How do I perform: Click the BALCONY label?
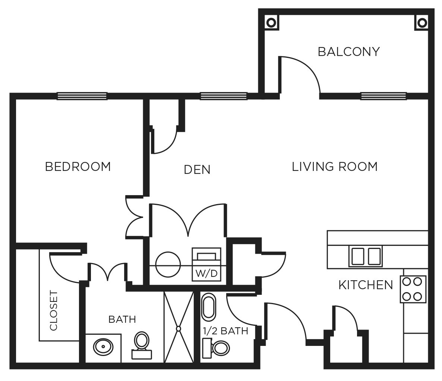tap(348, 51)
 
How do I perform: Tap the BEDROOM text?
tap(78, 166)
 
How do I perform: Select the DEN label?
tap(197, 170)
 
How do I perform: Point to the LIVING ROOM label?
tap(334, 166)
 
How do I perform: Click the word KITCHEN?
tap(365, 285)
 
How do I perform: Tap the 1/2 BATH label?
tap(225, 331)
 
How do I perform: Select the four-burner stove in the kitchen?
tap(413, 289)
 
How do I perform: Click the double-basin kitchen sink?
tap(365, 256)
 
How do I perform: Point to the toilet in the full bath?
tap(141, 345)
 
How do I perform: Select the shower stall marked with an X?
tap(179, 327)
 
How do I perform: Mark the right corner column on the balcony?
tap(422, 23)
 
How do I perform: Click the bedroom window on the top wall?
tap(82, 96)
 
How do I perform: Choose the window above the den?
tap(224, 96)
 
